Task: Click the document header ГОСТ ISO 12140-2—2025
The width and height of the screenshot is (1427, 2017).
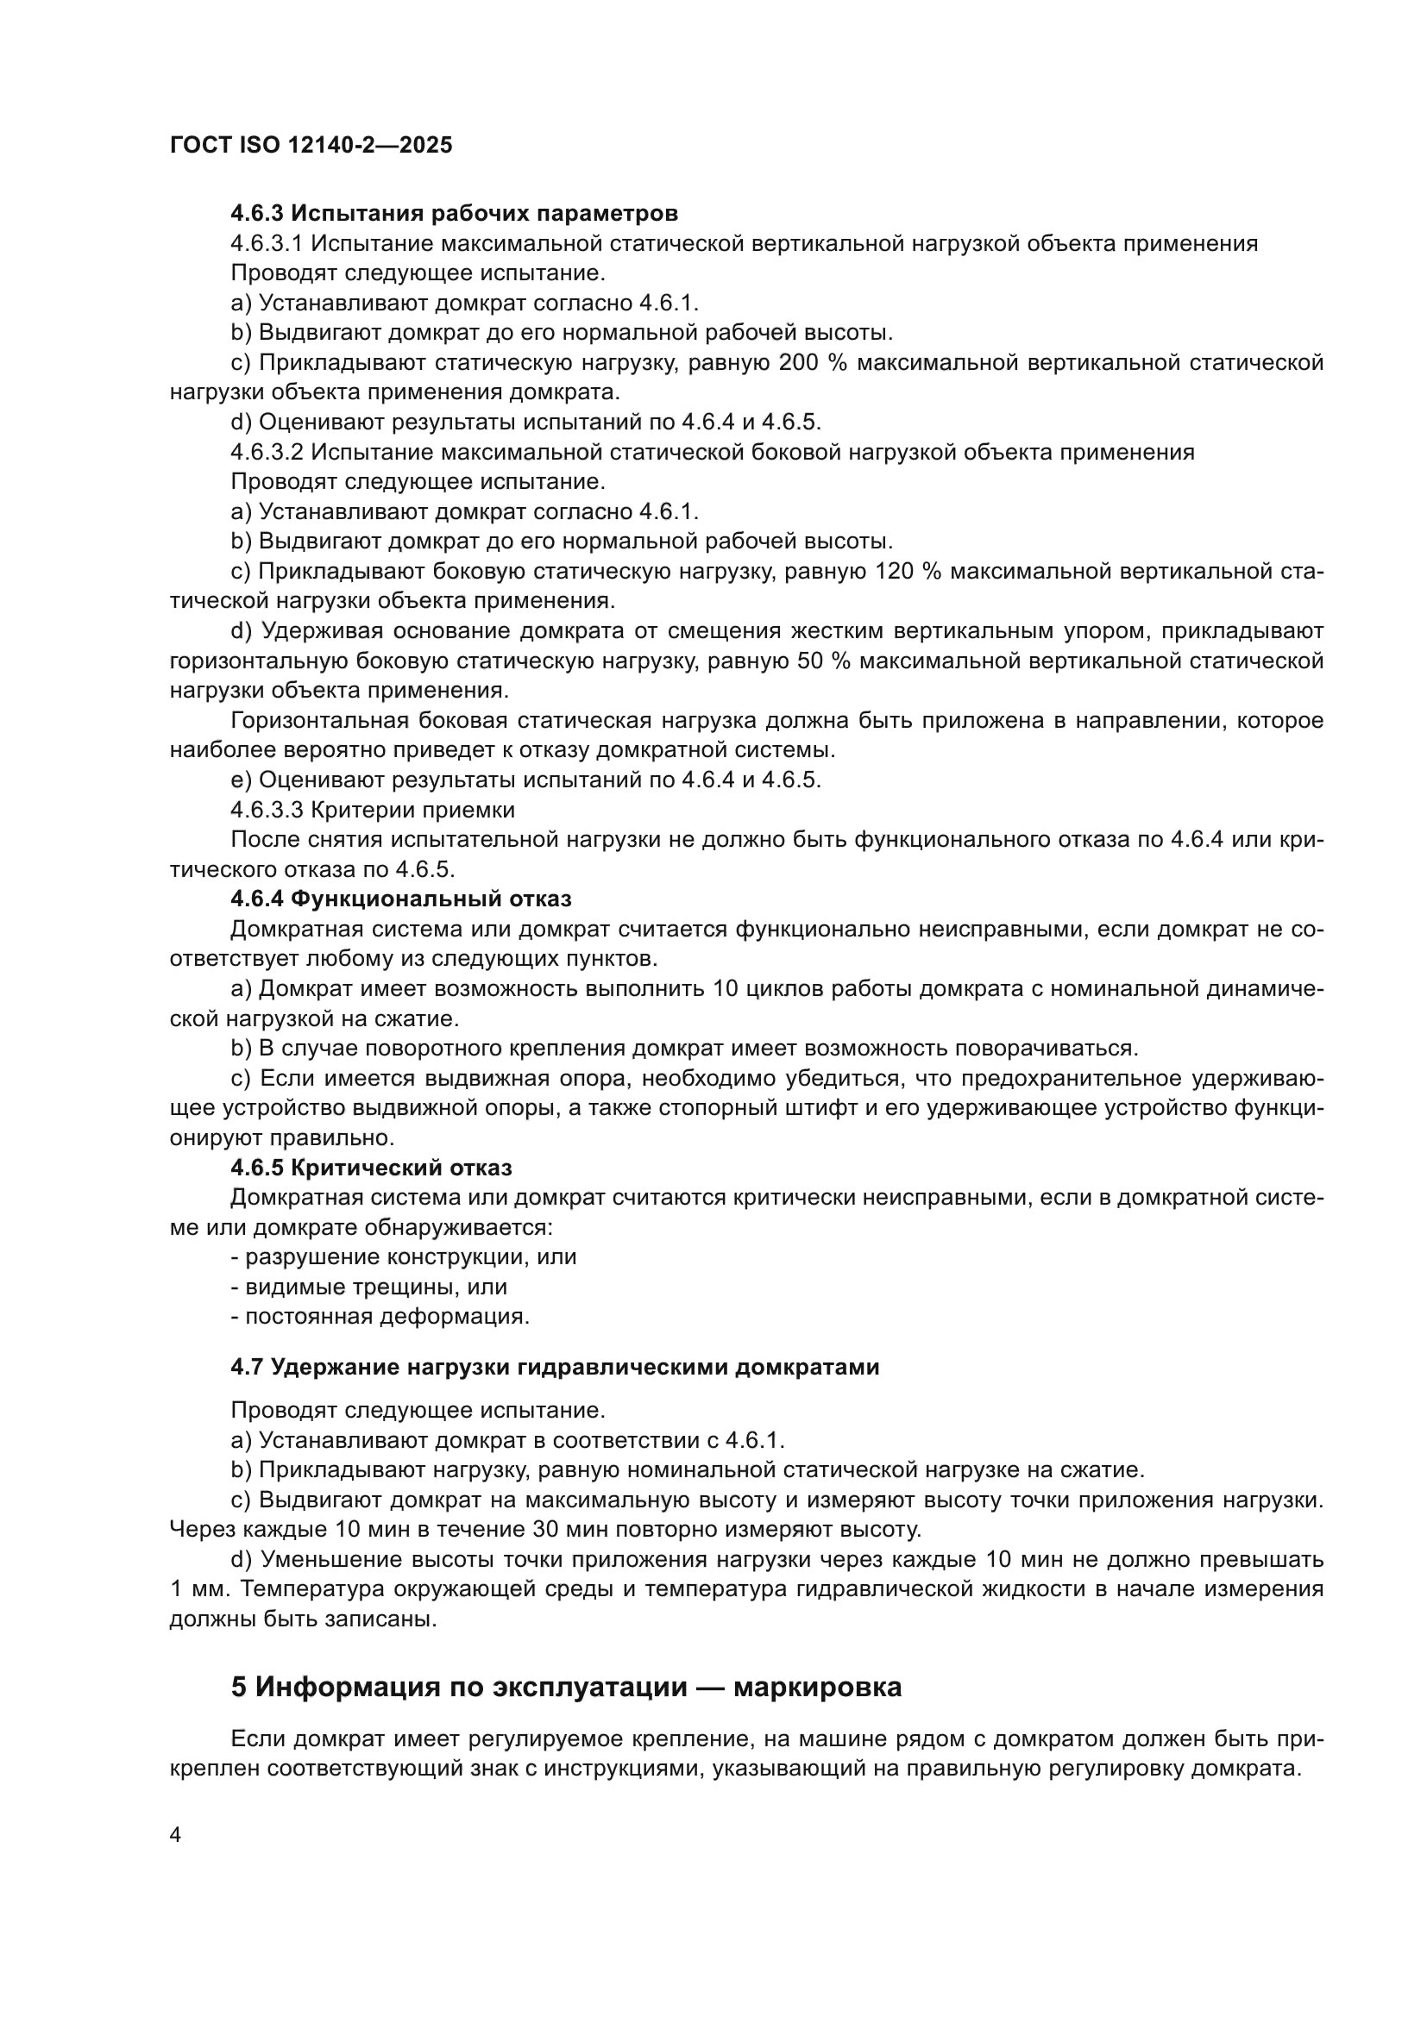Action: point(311,145)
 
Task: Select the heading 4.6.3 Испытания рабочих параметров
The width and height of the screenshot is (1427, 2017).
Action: point(454,214)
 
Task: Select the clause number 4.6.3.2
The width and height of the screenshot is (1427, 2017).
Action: point(267,453)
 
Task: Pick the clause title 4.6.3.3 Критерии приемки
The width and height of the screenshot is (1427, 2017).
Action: point(373,809)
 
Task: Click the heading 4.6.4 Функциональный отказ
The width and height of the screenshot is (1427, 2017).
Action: point(400,899)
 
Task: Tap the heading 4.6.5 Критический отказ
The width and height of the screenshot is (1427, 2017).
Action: point(371,1168)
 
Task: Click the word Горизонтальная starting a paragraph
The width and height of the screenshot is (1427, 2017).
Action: point(319,720)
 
